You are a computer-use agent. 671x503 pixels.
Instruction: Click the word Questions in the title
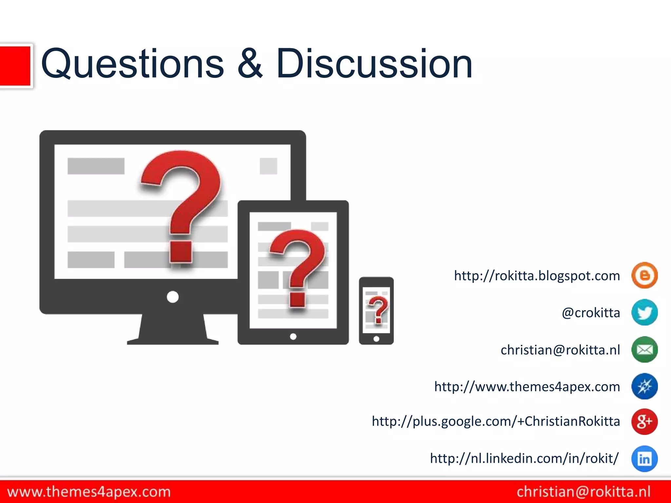pos(132,64)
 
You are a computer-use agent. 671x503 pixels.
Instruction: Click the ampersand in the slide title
pos(250,64)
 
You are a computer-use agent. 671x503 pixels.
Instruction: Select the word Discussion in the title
pos(374,64)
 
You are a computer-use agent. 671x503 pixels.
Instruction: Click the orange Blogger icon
pos(644,275)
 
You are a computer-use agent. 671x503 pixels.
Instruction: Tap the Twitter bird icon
pos(644,312)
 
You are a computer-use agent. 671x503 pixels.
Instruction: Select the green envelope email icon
pos(644,350)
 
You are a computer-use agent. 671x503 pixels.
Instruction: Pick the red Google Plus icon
pos(644,421)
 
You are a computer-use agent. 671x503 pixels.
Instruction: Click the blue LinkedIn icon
pos(644,458)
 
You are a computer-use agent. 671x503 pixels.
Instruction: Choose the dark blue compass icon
pos(644,386)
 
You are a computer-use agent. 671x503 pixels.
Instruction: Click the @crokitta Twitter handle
pos(591,313)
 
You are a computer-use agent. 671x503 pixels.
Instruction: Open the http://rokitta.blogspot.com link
pos(537,276)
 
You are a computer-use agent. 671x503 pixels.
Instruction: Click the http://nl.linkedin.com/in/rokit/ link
pos(524,458)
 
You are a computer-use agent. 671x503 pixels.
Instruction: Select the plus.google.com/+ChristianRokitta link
pos(496,421)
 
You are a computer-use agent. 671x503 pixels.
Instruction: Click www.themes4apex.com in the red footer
pos(89,492)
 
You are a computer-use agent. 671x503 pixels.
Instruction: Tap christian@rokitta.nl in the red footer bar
pos(584,492)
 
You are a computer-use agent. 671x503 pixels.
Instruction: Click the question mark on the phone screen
pos(378,309)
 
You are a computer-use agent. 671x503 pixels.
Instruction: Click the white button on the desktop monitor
pos(173,297)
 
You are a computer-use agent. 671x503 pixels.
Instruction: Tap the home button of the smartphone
pos(376,339)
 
